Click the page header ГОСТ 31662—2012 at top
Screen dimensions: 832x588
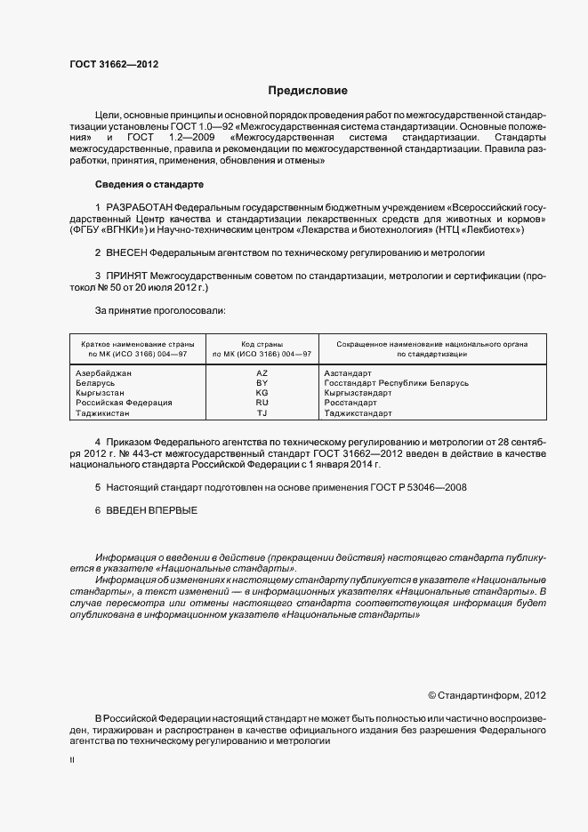click(x=114, y=64)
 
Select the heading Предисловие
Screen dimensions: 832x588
click(x=309, y=91)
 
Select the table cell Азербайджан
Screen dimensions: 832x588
click(x=105, y=373)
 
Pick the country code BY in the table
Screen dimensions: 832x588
click(x=262, y=383)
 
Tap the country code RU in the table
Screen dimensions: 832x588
click(x=262, y=403)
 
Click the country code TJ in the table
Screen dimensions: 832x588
click(x=262, y=413)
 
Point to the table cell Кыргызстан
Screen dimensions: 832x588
click(x=101, y=393)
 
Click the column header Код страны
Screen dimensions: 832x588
click(x=262, y=343)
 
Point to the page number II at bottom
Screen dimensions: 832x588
click(x=72, y=762)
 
